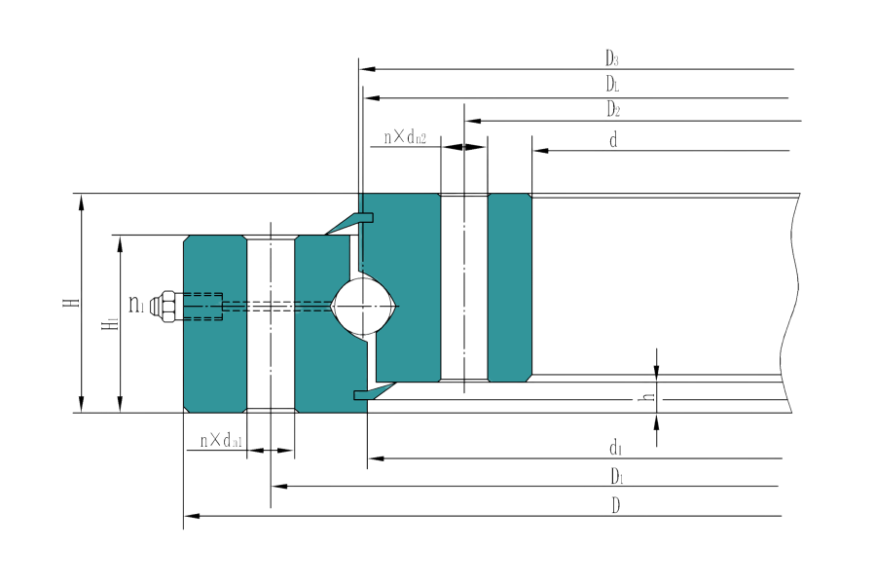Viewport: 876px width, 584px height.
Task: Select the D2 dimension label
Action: click(613, 108)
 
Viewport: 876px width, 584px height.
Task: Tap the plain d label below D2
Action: click(613, 139)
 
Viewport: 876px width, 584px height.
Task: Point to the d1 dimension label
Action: click(615, 447)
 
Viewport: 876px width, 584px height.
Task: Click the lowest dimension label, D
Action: click(616, 505)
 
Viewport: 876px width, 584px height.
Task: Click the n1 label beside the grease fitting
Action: click(137, 306)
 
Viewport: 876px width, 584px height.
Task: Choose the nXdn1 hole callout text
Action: click(221, 441)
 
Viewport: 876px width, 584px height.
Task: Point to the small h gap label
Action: click(642, 398)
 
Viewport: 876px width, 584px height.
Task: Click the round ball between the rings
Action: click(364, 307)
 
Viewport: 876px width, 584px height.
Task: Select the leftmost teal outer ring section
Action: click(214, 322)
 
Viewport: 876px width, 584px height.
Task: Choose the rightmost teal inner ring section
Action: click(509, 287)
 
